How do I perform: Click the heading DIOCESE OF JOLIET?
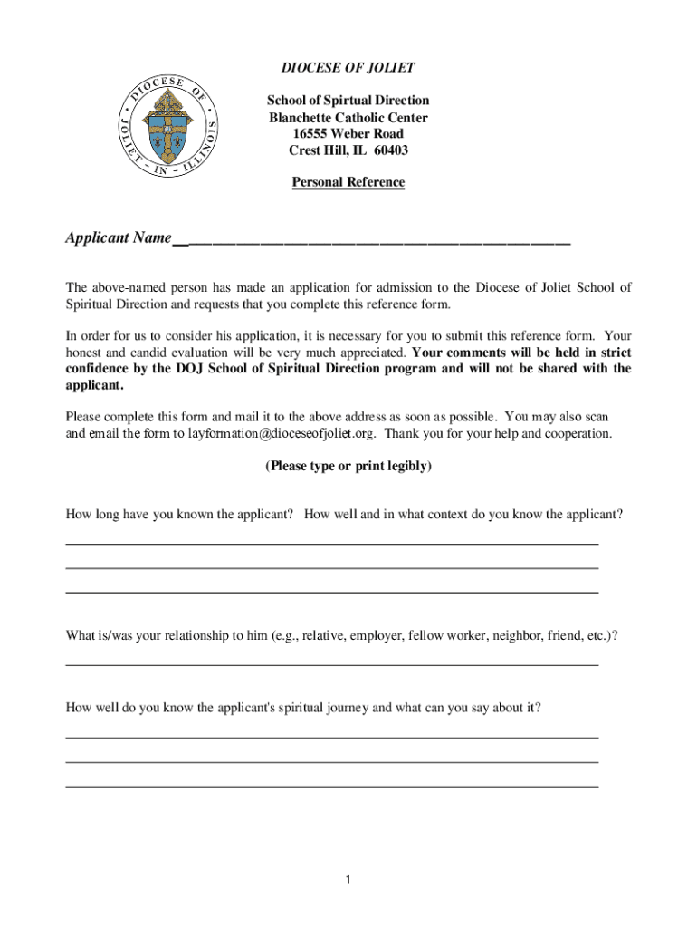pos(348,68)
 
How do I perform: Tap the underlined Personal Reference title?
pos(348,182)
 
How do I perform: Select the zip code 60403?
pos(390,150)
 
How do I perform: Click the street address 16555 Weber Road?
pos(348,134)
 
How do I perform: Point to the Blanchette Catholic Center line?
pos(348,118)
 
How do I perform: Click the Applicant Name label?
pos(118,238)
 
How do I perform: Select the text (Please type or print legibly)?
pos(348,467)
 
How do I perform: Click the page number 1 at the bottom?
pos(348,880)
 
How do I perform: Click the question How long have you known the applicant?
pos(179,515)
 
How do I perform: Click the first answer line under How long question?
pos(331,543)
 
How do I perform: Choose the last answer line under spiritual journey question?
pos(331,786)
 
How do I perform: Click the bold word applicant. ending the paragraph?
pos(94,385)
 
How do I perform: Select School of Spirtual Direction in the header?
pos(348,101)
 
